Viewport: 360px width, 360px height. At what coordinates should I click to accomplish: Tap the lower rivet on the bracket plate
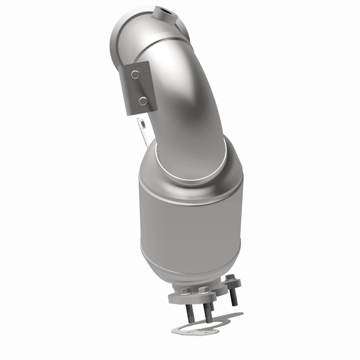pyautogui.click(x=142, y=101)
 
